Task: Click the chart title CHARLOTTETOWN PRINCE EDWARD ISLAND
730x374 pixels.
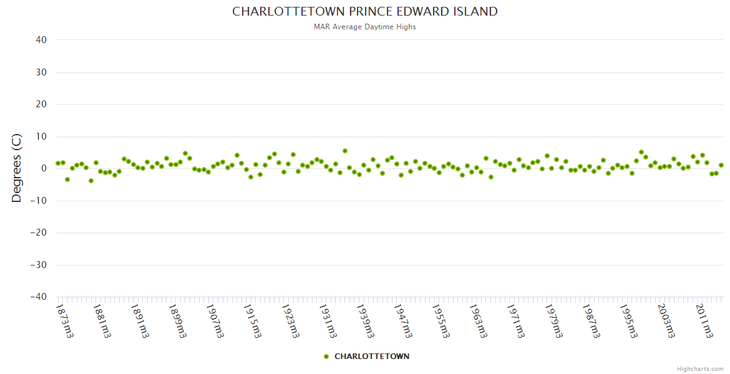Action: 365,11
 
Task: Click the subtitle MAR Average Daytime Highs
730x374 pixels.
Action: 365,27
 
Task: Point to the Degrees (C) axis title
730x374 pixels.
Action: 17,168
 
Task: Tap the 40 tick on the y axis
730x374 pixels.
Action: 41,40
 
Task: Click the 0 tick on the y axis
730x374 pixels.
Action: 44,168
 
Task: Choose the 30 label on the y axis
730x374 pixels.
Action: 41,72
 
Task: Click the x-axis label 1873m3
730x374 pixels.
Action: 64,320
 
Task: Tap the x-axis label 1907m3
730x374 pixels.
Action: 215,320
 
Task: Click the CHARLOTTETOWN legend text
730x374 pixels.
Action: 372,357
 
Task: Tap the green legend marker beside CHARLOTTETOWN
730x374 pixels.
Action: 326,357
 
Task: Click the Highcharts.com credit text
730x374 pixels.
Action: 700,368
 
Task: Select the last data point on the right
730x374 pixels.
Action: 721,165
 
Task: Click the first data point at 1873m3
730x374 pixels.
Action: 58,163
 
